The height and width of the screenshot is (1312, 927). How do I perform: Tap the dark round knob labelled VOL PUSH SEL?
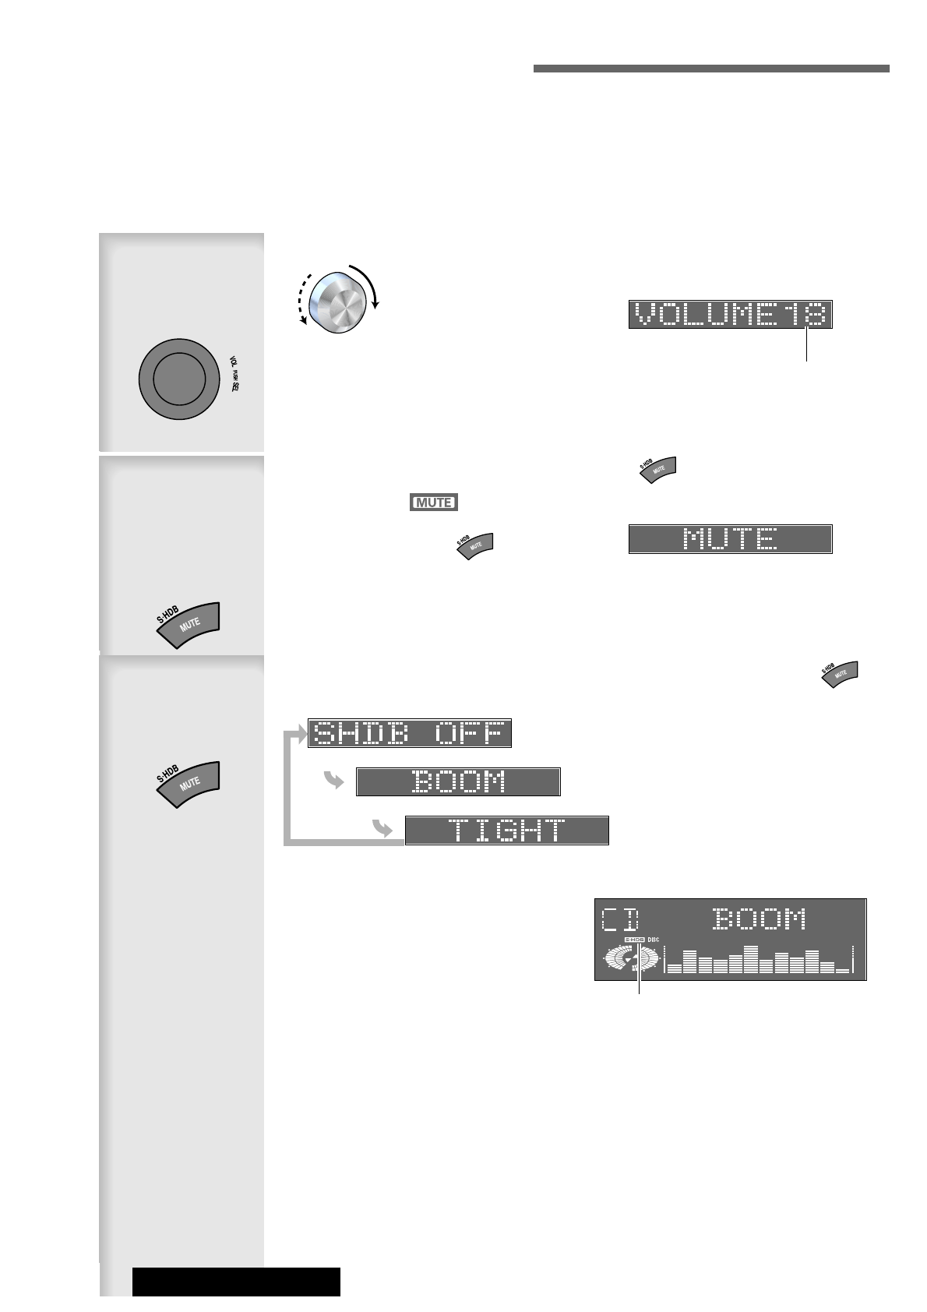(x=178, y=378)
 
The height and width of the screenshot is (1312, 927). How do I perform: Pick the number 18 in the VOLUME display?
(x=805, y=315)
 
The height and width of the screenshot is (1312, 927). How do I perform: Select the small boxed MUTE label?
(x=433, y=503)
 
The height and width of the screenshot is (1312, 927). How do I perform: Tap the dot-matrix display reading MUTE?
(x=730, y=539)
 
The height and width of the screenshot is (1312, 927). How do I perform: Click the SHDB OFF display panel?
(x=410, y=733)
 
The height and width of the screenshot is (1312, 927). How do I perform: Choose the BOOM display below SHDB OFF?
(x=458, y=781)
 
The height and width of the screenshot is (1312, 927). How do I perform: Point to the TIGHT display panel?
(x=506, y=831)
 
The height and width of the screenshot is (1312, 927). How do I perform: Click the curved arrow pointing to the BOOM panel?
(x=334, y=780)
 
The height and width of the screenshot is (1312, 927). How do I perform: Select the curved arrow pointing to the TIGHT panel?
(x=382, y=829)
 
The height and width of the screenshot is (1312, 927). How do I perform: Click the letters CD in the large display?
(x=620, y=920)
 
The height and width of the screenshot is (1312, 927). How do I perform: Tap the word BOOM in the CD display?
(x=760, y=920)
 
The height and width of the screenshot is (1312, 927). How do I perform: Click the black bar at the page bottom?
(x=236, y=1282)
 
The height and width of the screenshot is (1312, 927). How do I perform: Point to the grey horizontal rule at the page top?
(x=711, y=69)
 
